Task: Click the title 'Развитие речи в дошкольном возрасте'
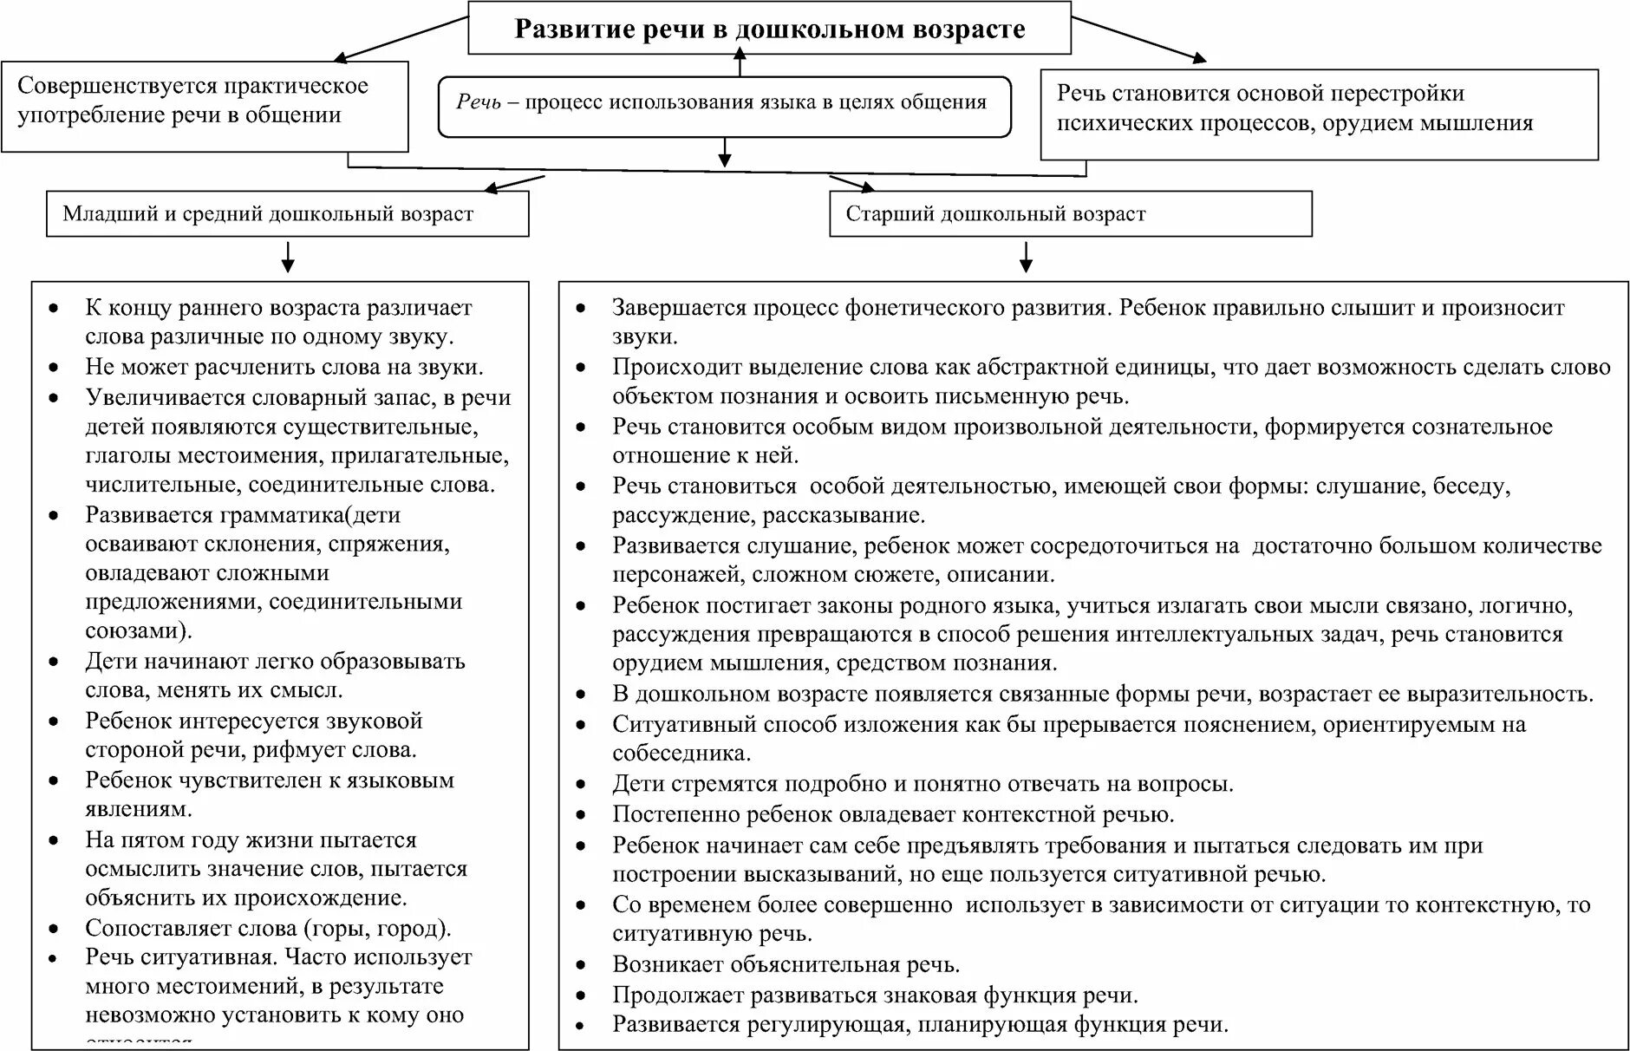coord(769,29)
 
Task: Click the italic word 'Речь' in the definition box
coord(479,102)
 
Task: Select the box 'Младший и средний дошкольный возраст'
coord(268,214)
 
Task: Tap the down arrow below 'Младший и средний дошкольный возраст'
coord(289,257)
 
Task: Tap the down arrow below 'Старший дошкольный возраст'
coord(1027,257)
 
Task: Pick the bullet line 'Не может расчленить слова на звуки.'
coord(284,367)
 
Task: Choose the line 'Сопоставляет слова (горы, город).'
coord(268,929)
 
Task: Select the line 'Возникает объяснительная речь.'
coord(786,964)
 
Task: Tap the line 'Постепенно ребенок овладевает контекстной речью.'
coord(893,814)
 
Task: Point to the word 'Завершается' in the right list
coord(679,308)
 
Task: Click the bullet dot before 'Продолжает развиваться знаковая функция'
coord(581,996)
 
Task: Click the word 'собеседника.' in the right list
coord(681,753)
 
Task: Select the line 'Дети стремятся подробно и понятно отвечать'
coord(923,784)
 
